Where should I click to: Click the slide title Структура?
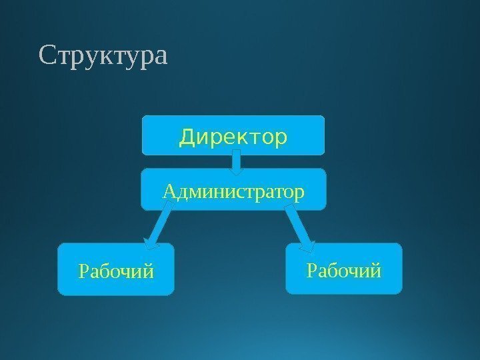[104, 57]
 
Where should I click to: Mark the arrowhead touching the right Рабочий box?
[307, 245]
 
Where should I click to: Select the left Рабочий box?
[115, 269]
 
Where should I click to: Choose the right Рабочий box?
[344, 268]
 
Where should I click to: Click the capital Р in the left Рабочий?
[83, 273]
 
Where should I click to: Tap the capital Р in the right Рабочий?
[311, 271]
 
